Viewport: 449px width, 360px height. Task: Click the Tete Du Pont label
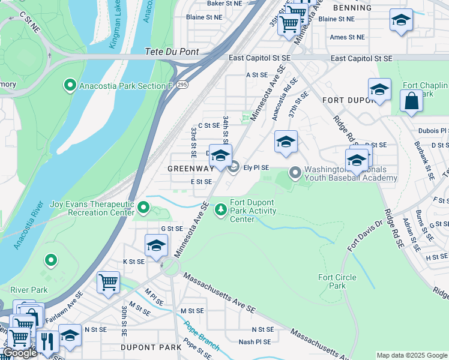172,52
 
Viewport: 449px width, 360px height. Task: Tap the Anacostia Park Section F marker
70,86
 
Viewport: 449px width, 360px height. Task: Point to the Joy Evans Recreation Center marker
143,208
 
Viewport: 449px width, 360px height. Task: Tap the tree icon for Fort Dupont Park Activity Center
221,209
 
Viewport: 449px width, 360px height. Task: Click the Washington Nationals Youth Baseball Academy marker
295,173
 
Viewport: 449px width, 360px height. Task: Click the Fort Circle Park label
337,281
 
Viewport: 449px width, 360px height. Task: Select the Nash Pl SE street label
255,342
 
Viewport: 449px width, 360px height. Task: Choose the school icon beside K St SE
156,245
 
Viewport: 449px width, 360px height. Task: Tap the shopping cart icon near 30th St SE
108,282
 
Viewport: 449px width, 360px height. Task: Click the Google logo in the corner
20,353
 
